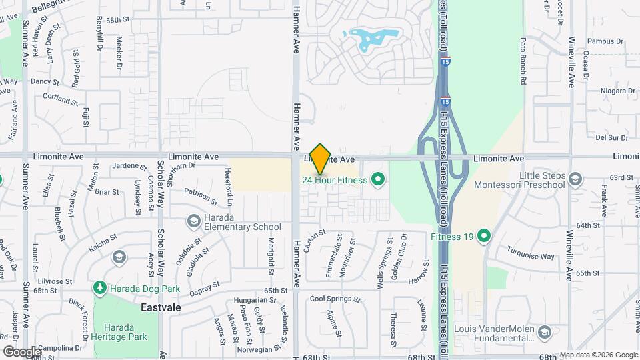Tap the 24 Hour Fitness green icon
tap(378, 179)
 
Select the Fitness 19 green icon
tap(485, 236)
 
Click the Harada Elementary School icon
tap(194, 221)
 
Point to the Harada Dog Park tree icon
tap(100, 288)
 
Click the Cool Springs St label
tap(335, 299)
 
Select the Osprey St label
tap(205, 287)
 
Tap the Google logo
tap(22, 351)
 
